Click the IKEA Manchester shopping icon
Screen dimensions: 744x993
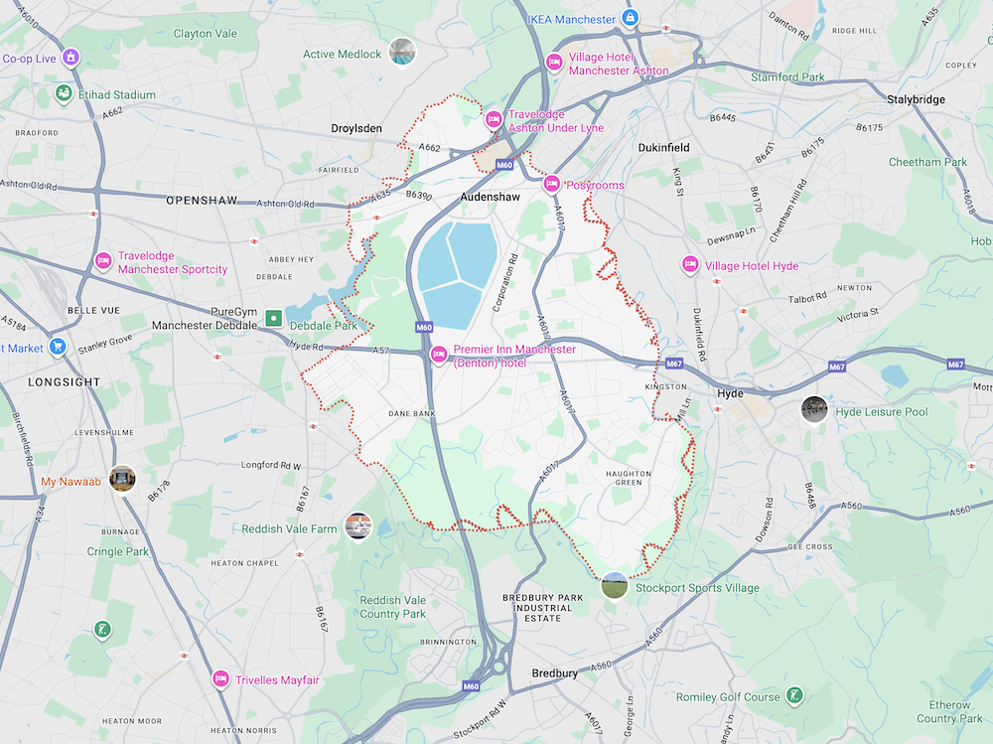[630, 18]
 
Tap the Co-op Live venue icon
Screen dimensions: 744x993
[71, 58]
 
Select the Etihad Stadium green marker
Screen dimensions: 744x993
[64, 95]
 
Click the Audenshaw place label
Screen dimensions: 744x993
[490, 198]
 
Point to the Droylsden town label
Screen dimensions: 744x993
[356, 129]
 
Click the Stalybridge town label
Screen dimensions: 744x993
[916, 99]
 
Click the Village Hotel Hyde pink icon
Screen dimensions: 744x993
[689, 265]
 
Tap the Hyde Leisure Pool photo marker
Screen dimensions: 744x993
[814, 409]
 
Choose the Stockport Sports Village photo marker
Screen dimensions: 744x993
[615, 586]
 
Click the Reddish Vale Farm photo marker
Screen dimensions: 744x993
[357, 526]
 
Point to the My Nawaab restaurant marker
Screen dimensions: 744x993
[122, 479]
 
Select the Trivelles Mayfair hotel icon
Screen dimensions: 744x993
[220, 679]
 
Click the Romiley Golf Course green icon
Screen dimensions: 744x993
[793, 695]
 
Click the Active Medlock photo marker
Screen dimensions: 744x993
[401, 52]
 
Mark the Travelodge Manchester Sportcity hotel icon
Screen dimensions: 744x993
[102, 261]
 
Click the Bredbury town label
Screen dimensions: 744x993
[554, 673]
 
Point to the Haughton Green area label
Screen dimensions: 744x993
[629, 478]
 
